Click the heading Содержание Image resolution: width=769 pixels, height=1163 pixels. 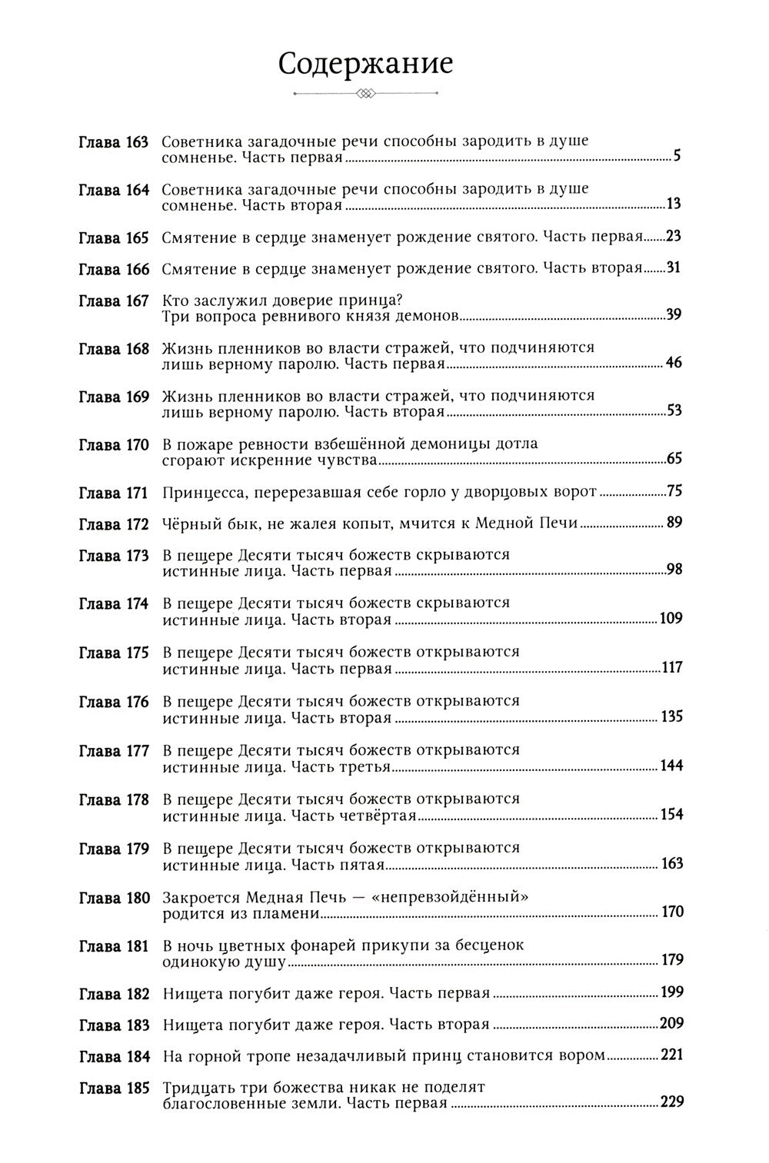(x=365, y=65)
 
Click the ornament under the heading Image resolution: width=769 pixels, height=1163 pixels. (x=365, y=95)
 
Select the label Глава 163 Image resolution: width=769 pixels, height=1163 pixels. (x=114, y=142)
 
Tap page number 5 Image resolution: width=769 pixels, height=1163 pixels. (x=677, y=158)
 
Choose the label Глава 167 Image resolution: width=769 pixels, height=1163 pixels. (x=114, y=301)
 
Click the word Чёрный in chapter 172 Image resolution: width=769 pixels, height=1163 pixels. (x=188, y=524)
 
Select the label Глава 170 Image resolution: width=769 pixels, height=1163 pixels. (x=114, y=444)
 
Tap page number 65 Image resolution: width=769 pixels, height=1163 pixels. (x=674, y=460)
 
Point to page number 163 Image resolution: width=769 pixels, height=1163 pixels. (x=671, y=864)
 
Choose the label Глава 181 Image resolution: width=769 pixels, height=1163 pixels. (x=114, y=945)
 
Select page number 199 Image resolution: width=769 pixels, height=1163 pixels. (x=671, y=992)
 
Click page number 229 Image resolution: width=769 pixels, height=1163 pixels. (x=671, y=1102)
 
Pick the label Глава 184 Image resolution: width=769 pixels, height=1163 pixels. (x=114, y=1056)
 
